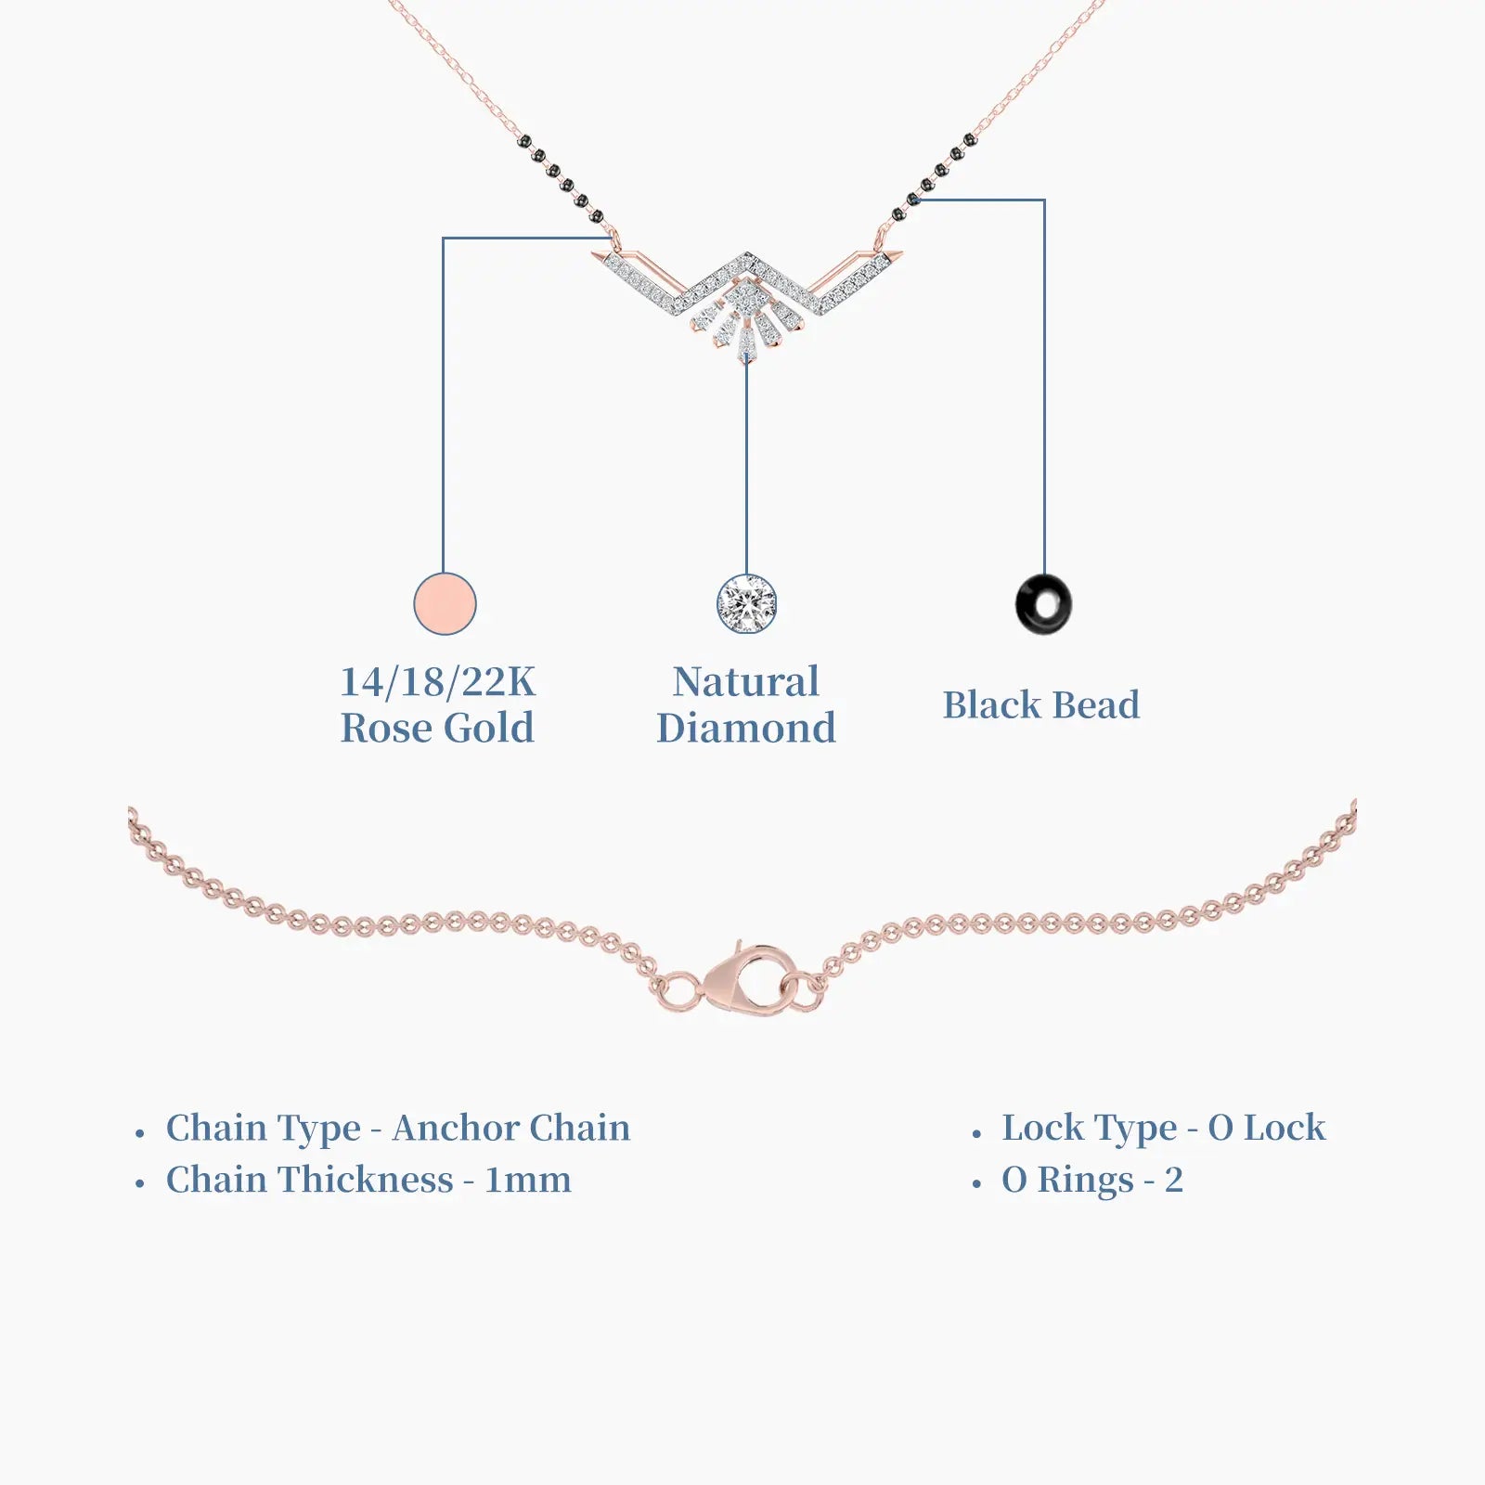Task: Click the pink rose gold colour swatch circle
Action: (445, 603)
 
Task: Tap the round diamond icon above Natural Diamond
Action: (746, 603)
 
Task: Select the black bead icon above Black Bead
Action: (1043, 604)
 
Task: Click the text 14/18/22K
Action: (437, 682)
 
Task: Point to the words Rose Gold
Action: (437, 728)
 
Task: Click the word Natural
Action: (746, 681)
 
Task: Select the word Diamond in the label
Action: (746, 728)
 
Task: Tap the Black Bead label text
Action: (1041, 704)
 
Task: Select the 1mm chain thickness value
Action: (528, 1180)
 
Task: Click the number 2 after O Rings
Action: (1174, 1180)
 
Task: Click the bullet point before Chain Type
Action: (140, 1133)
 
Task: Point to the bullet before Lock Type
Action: (976, 1133)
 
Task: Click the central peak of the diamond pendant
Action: (747, 256)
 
